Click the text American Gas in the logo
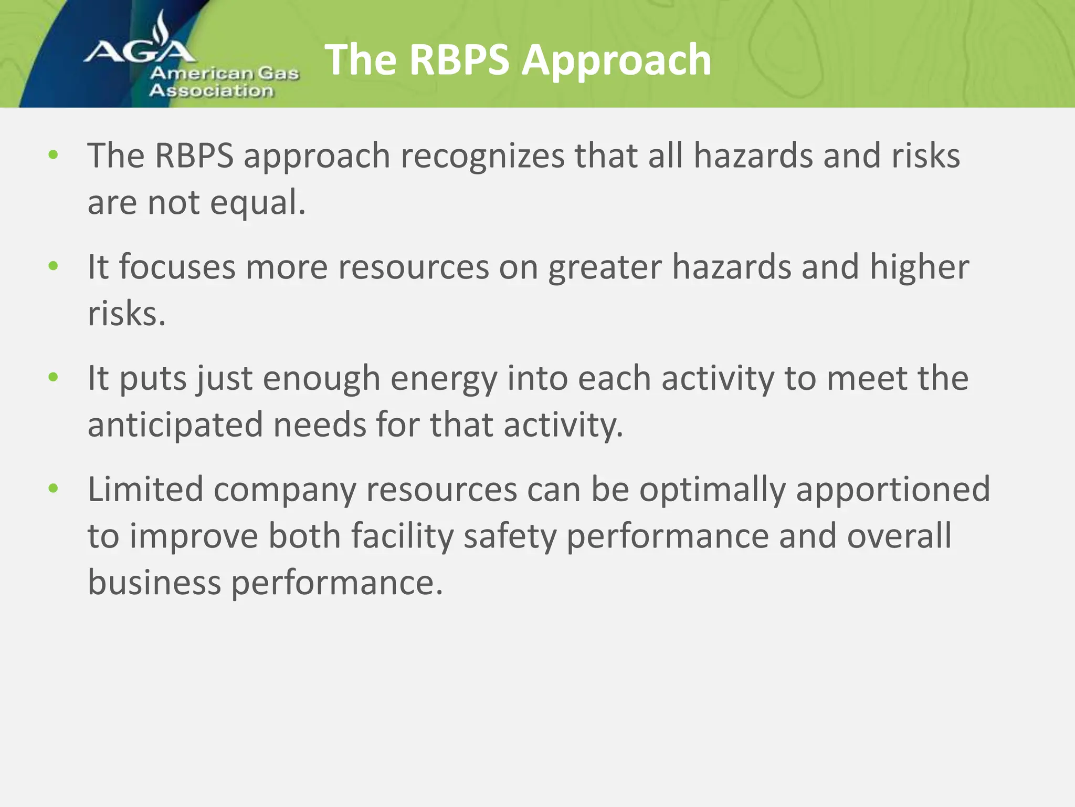pos(225,73)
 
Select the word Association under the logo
pos(212,91)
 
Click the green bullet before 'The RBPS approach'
pos(53,155)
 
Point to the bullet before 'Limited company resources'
pos(53,489)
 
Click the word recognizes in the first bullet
pos(482,156)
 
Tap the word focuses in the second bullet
pos(177,267)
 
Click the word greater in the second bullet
pos(604,268)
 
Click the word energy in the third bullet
pos(444,379)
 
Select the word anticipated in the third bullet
pos(175,426)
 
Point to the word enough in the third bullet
pos(321,379)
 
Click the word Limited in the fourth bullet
pos(145,489)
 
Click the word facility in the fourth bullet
pos(402,537)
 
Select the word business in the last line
pos(154,583)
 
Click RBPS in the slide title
pos(459,60)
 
